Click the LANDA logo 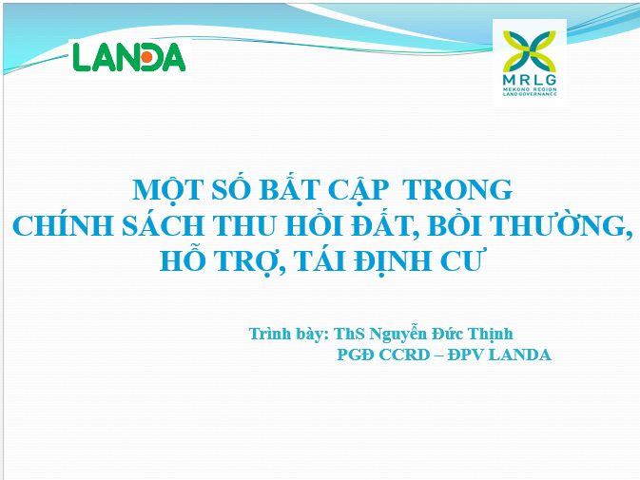coord(129,57)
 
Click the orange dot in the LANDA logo coord(147,58)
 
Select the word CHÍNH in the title coord(56,225)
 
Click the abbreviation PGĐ coord(358,355)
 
